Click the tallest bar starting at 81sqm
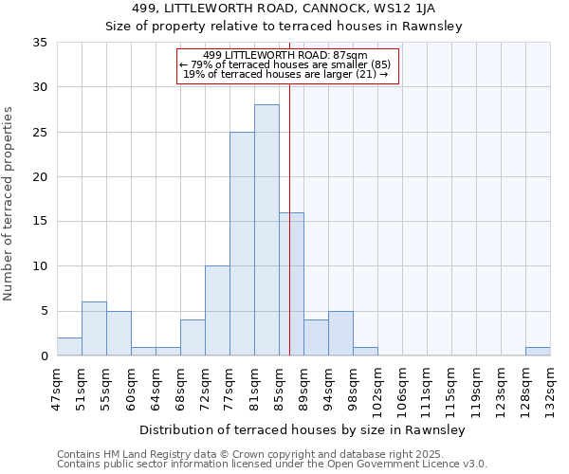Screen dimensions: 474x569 (x=266, y=230)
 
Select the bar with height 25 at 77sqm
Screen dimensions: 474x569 (x=242, y=244)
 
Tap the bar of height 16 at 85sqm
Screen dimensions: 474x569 (x=291, y=284)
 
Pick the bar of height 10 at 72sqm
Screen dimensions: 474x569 (x=217, y=311)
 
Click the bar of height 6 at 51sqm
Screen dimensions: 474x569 (x=94, y=329)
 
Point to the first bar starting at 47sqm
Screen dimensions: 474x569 (x=69, y=347)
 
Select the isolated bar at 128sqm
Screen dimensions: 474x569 (x=538, y=352)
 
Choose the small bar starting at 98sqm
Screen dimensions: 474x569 (x=365, y=352)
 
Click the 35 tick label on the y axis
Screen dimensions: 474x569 (x=40, y=43)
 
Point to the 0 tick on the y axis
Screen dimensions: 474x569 (x=44, y=356)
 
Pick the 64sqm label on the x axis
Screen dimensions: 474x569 (x=156, y=386)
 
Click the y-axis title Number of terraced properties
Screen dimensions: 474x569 (x=9, y=204)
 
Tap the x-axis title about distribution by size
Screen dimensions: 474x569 (x=303, y=430)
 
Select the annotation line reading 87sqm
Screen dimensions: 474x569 (x=285, y=55)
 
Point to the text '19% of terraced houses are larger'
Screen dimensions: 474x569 (x=281, y=74)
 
